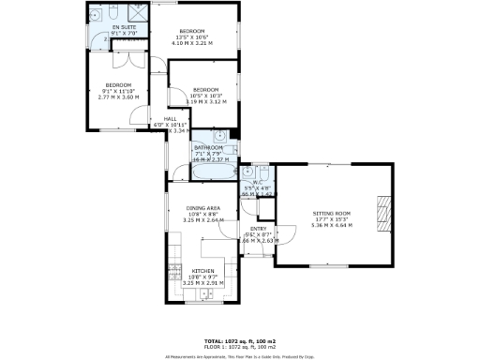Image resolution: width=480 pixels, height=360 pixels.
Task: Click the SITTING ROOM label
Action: click(x=331, y=214)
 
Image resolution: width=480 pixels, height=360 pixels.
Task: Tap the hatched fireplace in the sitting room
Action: click(x=381, y=214)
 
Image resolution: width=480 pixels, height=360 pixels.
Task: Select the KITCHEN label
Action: click(x=203, y=268)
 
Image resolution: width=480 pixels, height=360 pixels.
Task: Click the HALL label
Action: click(x=171, y=119)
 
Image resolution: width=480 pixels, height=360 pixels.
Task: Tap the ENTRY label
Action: click(x=258, y=228)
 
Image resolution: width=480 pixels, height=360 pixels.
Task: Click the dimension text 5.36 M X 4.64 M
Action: click(x=331, y=226)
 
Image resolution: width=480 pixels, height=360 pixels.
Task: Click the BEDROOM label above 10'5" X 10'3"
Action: click(x=198, y=89)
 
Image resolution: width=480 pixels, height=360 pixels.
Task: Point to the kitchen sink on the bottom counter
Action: click(x=203, y=296)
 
